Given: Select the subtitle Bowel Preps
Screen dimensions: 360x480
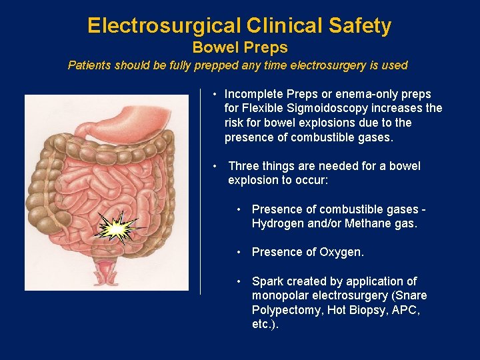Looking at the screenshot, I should tap(240, 48).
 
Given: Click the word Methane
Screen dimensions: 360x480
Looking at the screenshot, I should tap(367, 224).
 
